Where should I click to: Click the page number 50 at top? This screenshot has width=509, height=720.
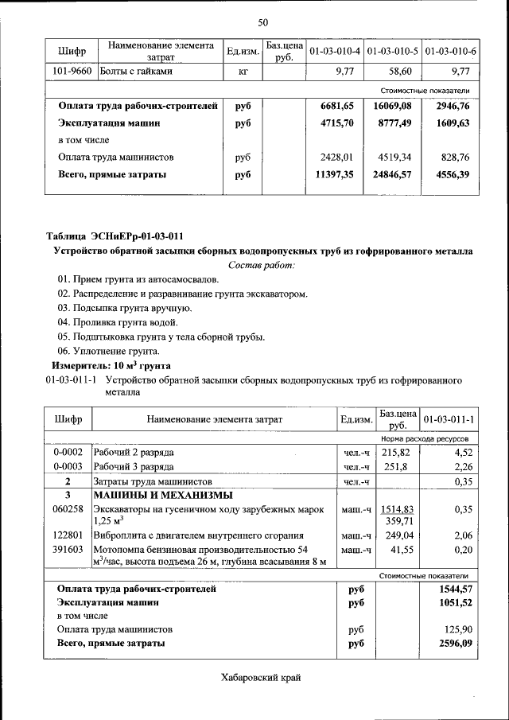click(262, 21)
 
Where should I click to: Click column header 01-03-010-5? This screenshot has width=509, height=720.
click(393, 52)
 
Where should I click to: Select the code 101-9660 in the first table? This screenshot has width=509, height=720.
click(72, 72)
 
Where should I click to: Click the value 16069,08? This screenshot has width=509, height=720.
click(392, 106)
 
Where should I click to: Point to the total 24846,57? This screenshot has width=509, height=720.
click(392, 173)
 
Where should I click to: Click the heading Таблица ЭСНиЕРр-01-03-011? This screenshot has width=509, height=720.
click(115, 236)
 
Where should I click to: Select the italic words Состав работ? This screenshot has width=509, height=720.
click(262, 265)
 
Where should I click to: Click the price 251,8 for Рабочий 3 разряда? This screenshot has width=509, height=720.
click(395, 467)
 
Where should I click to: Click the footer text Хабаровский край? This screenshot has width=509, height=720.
click(262, 678)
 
